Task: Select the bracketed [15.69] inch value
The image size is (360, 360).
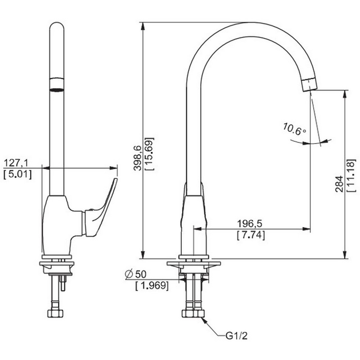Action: (149, 154)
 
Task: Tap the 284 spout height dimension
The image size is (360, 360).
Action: (339, 184)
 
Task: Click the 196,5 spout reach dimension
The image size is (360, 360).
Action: (249, 223)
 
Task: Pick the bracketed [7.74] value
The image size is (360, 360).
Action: (251, 235)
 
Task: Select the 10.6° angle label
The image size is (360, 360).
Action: (295, 129)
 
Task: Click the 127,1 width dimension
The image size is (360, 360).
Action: (16, 163)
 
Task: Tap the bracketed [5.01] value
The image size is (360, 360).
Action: (18, 174)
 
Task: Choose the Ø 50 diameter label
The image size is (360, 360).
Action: (135, 274)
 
